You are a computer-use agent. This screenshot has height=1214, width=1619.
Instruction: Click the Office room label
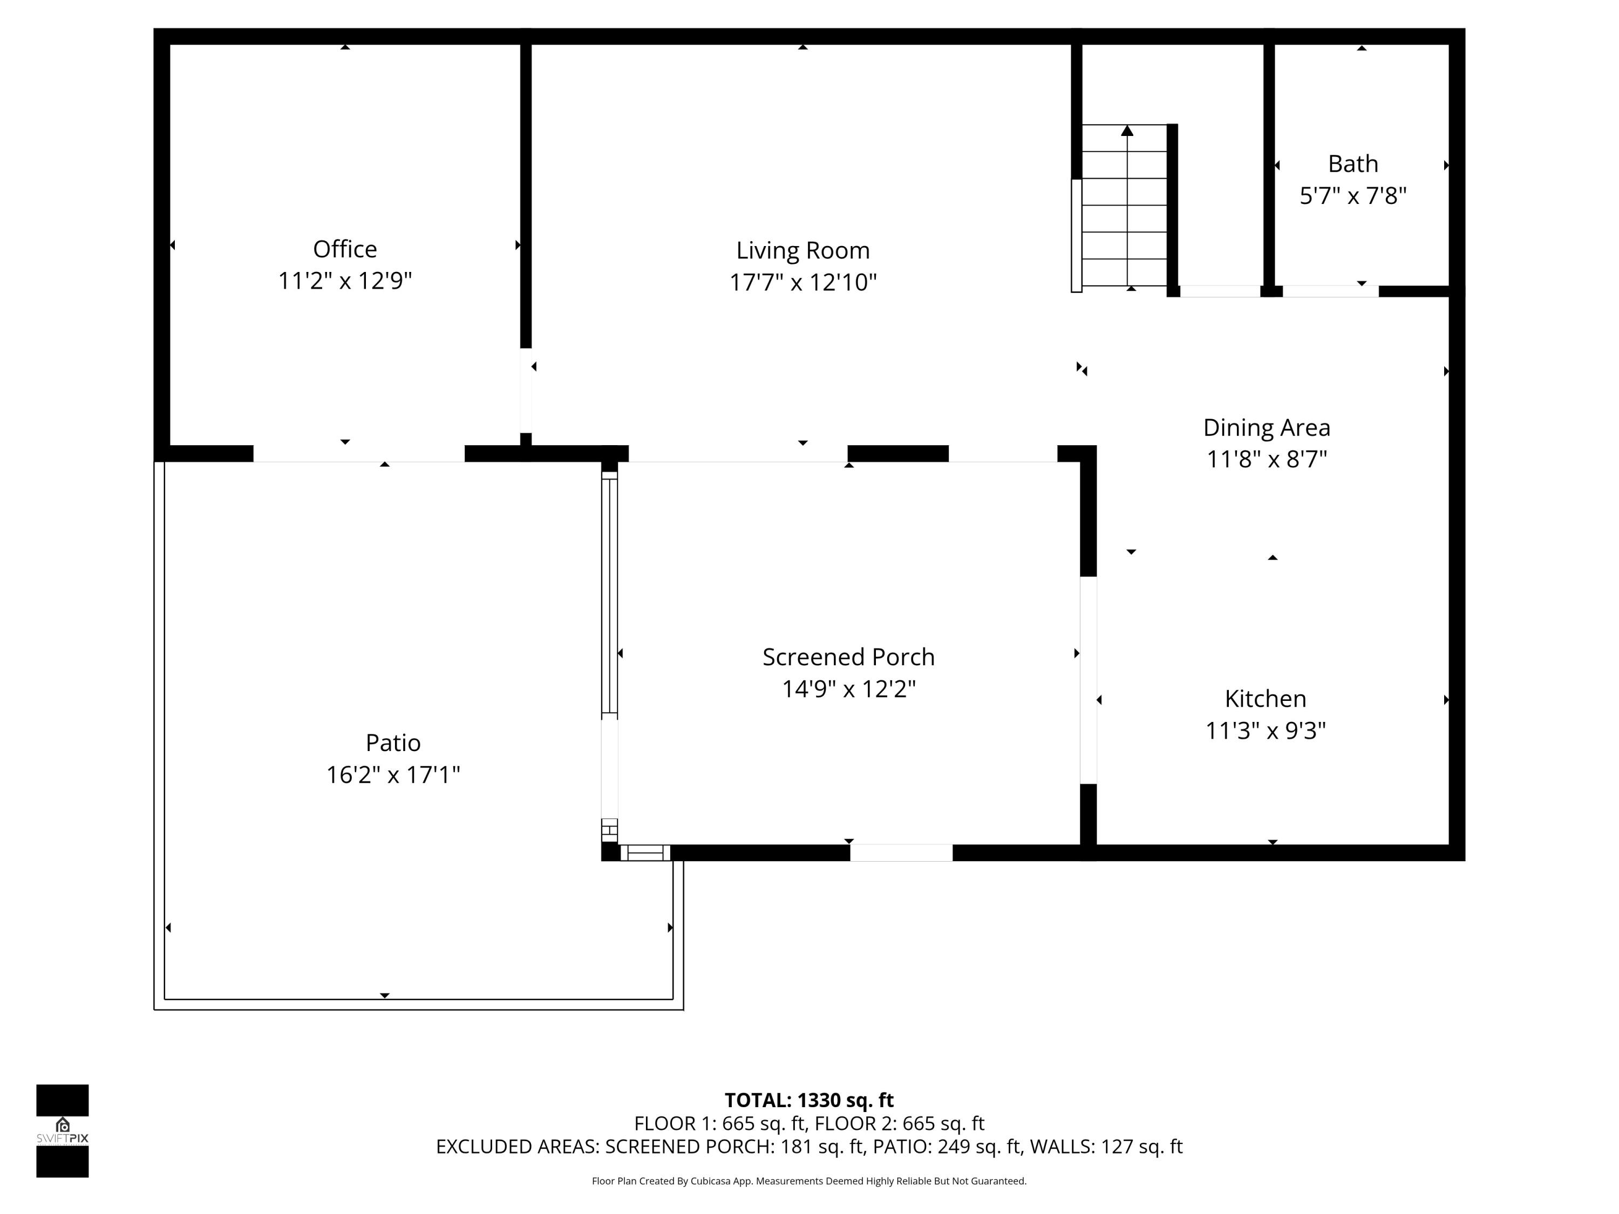pos(345,249)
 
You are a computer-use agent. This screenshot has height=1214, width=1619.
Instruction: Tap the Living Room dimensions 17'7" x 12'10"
pos(803,283)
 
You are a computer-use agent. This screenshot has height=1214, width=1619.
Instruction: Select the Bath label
pos(1352,164)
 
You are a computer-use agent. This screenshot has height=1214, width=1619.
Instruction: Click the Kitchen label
pos(1265,699)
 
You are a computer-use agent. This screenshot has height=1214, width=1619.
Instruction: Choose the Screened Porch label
pos(848,657)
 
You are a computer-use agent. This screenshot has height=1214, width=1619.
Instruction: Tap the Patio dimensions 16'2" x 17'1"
pos(393,775)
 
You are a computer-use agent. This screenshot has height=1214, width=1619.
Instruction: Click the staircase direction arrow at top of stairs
pos(1127,132)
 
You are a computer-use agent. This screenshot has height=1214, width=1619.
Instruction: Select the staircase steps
pos(1124,220)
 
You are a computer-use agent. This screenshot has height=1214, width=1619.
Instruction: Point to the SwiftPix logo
pos(62,1130)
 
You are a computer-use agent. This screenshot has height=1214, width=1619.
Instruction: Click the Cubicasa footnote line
pos(809,1181)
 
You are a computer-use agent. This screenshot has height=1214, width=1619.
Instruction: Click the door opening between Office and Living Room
pos(526,392)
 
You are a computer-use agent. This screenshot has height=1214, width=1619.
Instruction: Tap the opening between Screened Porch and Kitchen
pos(1089,680)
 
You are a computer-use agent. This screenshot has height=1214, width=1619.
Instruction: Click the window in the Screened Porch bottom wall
pos(901,852)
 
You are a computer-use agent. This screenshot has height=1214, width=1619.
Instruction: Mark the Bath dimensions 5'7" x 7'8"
pos(1352,196)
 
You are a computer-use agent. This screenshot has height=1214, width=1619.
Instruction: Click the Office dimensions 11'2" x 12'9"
pos(345,281)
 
